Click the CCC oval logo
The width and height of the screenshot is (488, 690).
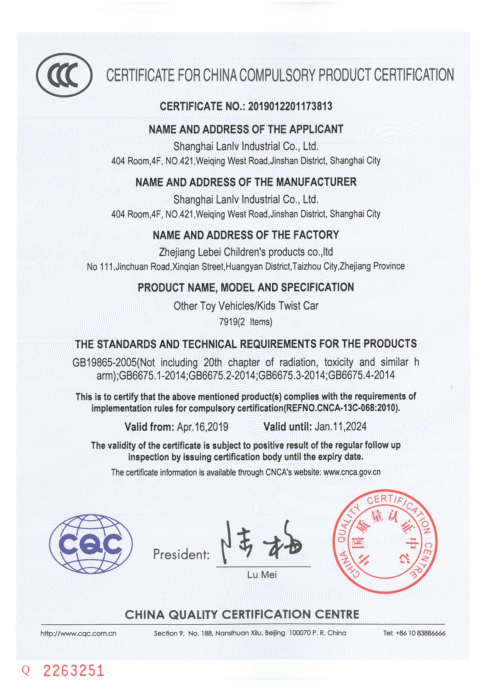tap(64, 75)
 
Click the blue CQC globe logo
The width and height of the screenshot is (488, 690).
tap(91, 544)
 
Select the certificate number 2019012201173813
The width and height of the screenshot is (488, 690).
tap(290, 106)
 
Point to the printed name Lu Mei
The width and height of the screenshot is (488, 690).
tap(262, 575)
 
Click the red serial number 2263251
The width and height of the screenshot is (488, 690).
tap(74, 671)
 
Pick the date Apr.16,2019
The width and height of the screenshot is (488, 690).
tap(202, 427)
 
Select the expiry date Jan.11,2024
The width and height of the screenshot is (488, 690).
tap(340, 426)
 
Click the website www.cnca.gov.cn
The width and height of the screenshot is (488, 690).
tap(352, 472)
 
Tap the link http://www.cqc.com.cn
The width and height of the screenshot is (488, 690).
tap(78, 633)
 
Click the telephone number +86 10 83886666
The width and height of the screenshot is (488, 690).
tap(420, 633)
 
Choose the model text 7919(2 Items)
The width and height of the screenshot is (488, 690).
tap(246, 322)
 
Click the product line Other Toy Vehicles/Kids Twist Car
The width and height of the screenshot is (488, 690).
tap(246, 306)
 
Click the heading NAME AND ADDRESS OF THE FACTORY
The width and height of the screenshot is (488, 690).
tap(246, 235)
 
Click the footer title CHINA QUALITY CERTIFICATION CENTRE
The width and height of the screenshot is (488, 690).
tap(242, 614)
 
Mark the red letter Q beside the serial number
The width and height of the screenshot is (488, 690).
tap(26, 671)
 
